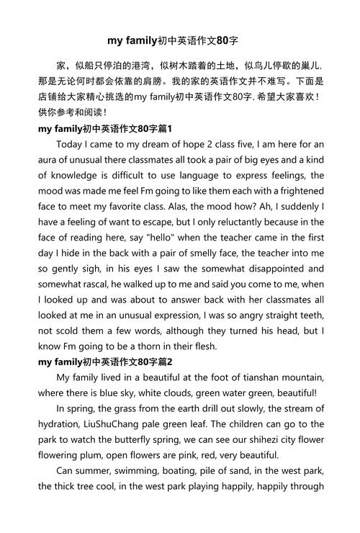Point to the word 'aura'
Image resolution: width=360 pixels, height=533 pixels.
50,160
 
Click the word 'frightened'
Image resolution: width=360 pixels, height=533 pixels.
295,191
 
